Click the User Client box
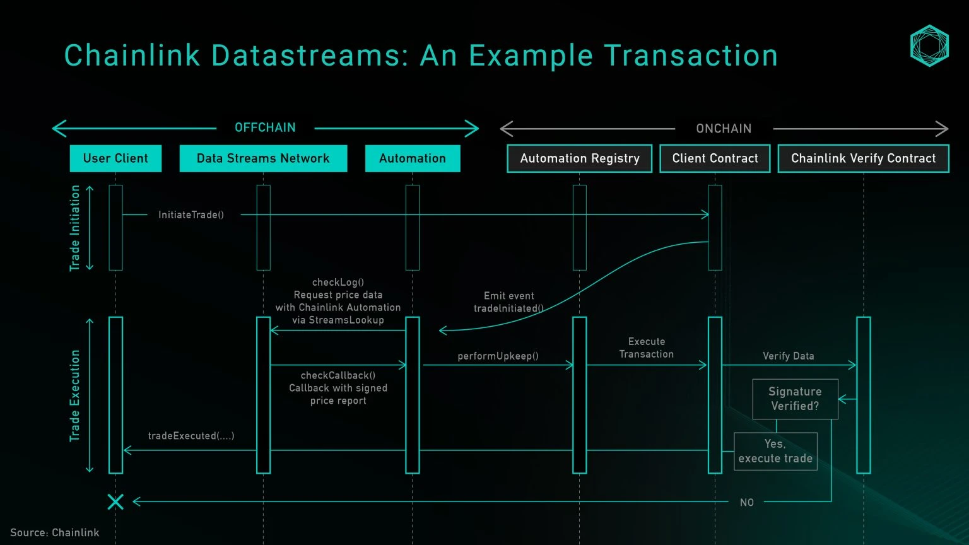click(115, 158)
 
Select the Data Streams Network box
click(263, 158)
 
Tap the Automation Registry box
click(579, 158)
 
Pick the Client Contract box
click(715, 158)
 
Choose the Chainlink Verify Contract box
click(863, 158)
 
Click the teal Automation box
click(413, 158)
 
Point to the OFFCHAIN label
click(265, 127)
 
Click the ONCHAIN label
click(724, 129)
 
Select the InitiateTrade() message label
click(191, 215)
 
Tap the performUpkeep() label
click(498, 356)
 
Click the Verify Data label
click(788, 356)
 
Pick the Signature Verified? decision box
click(795, 399)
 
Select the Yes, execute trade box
click(775, 451)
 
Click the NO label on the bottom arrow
click(746, 503)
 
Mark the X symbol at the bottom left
click(115, 501)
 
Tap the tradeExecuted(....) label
click(191, 436)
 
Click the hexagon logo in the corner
click(929, 45)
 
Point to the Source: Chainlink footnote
click(55, 532)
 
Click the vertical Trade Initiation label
click(75, 228)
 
